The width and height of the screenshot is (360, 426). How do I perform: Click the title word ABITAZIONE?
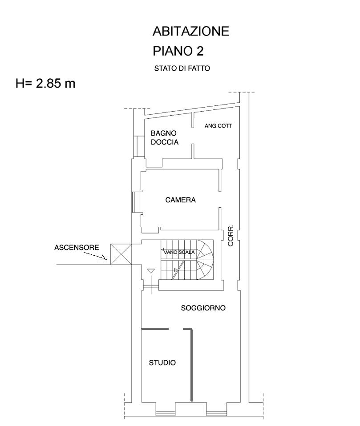(191, 31)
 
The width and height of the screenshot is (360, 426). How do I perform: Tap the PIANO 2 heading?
(178, 52)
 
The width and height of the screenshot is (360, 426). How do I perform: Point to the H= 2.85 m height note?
(45, 84)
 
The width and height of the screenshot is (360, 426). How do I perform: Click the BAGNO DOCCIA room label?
(164, 138)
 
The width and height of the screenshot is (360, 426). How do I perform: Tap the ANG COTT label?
(218, 126)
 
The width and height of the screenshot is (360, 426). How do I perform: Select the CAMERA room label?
(180, 200)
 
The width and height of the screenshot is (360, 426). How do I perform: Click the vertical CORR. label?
(231, 236)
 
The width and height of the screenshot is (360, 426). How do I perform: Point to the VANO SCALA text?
(179, 253)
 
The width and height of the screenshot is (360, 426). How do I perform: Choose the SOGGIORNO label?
(203, 308)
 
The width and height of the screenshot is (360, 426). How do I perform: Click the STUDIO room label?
(162, 362)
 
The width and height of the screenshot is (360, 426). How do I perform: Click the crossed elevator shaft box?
(121, 254)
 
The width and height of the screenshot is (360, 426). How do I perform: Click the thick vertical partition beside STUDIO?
(191, 365)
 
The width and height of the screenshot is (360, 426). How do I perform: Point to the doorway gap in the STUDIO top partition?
(176, 329)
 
